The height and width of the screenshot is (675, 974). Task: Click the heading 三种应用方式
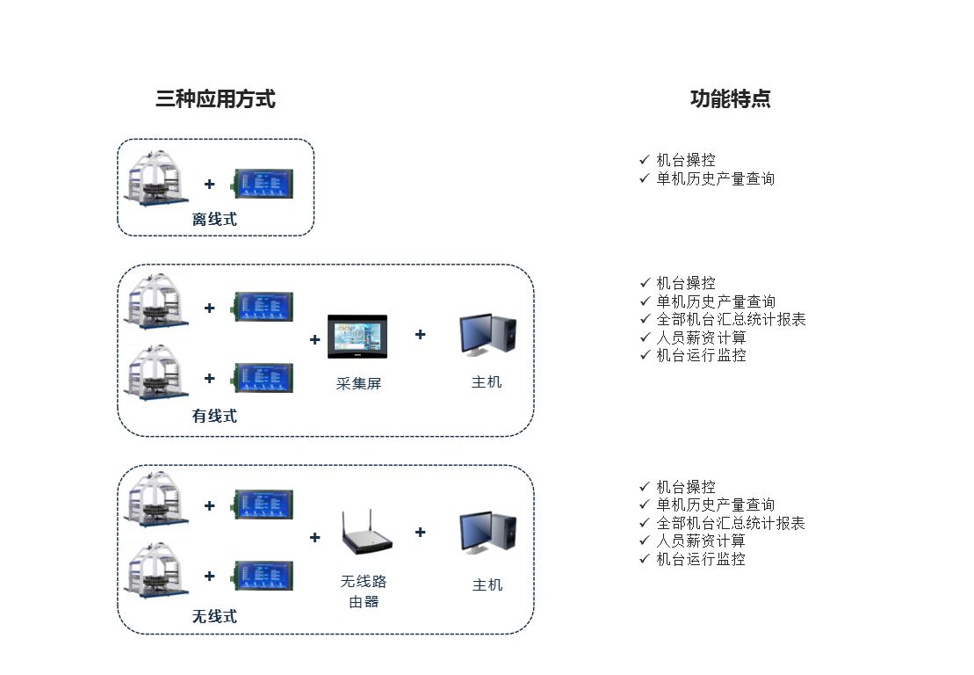point(215,99)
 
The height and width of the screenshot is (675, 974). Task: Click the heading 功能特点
point(730,99)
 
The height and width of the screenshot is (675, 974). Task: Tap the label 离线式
point(214,220)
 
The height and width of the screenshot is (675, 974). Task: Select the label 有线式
point(214,417)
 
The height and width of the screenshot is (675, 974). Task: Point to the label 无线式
point(214,617)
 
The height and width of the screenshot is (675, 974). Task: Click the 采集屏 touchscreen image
point(357,337)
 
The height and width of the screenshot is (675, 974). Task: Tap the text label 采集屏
point(358,384)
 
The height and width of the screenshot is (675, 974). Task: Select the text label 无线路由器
point(364,592)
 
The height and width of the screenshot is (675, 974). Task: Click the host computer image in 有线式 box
point(487,336)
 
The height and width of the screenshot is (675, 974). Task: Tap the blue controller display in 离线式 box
point(263,184)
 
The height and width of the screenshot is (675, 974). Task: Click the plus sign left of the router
point(314,538)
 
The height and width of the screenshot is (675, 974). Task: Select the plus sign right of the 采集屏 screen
point(420,334)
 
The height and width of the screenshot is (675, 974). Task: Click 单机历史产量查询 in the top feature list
point(715,178)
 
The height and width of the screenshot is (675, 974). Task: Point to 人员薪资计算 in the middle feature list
point(701,337)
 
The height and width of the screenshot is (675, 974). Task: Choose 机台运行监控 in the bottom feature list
point(701,559)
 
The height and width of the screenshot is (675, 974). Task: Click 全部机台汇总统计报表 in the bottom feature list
point(730,523)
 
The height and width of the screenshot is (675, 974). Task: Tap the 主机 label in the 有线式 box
point(487,382)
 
